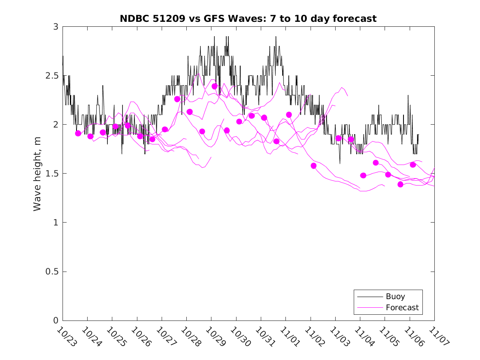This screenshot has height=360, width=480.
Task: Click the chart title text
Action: [x=248, y=19]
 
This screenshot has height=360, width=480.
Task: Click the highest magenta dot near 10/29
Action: [x=214, y=86]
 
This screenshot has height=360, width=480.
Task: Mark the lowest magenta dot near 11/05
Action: [x=400, y=184]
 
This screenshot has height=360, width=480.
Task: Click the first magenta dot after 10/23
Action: [x=78, y=133]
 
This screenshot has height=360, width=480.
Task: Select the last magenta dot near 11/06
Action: [x=413, y=165]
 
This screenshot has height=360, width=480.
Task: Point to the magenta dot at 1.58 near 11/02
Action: [x=313, y=166]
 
